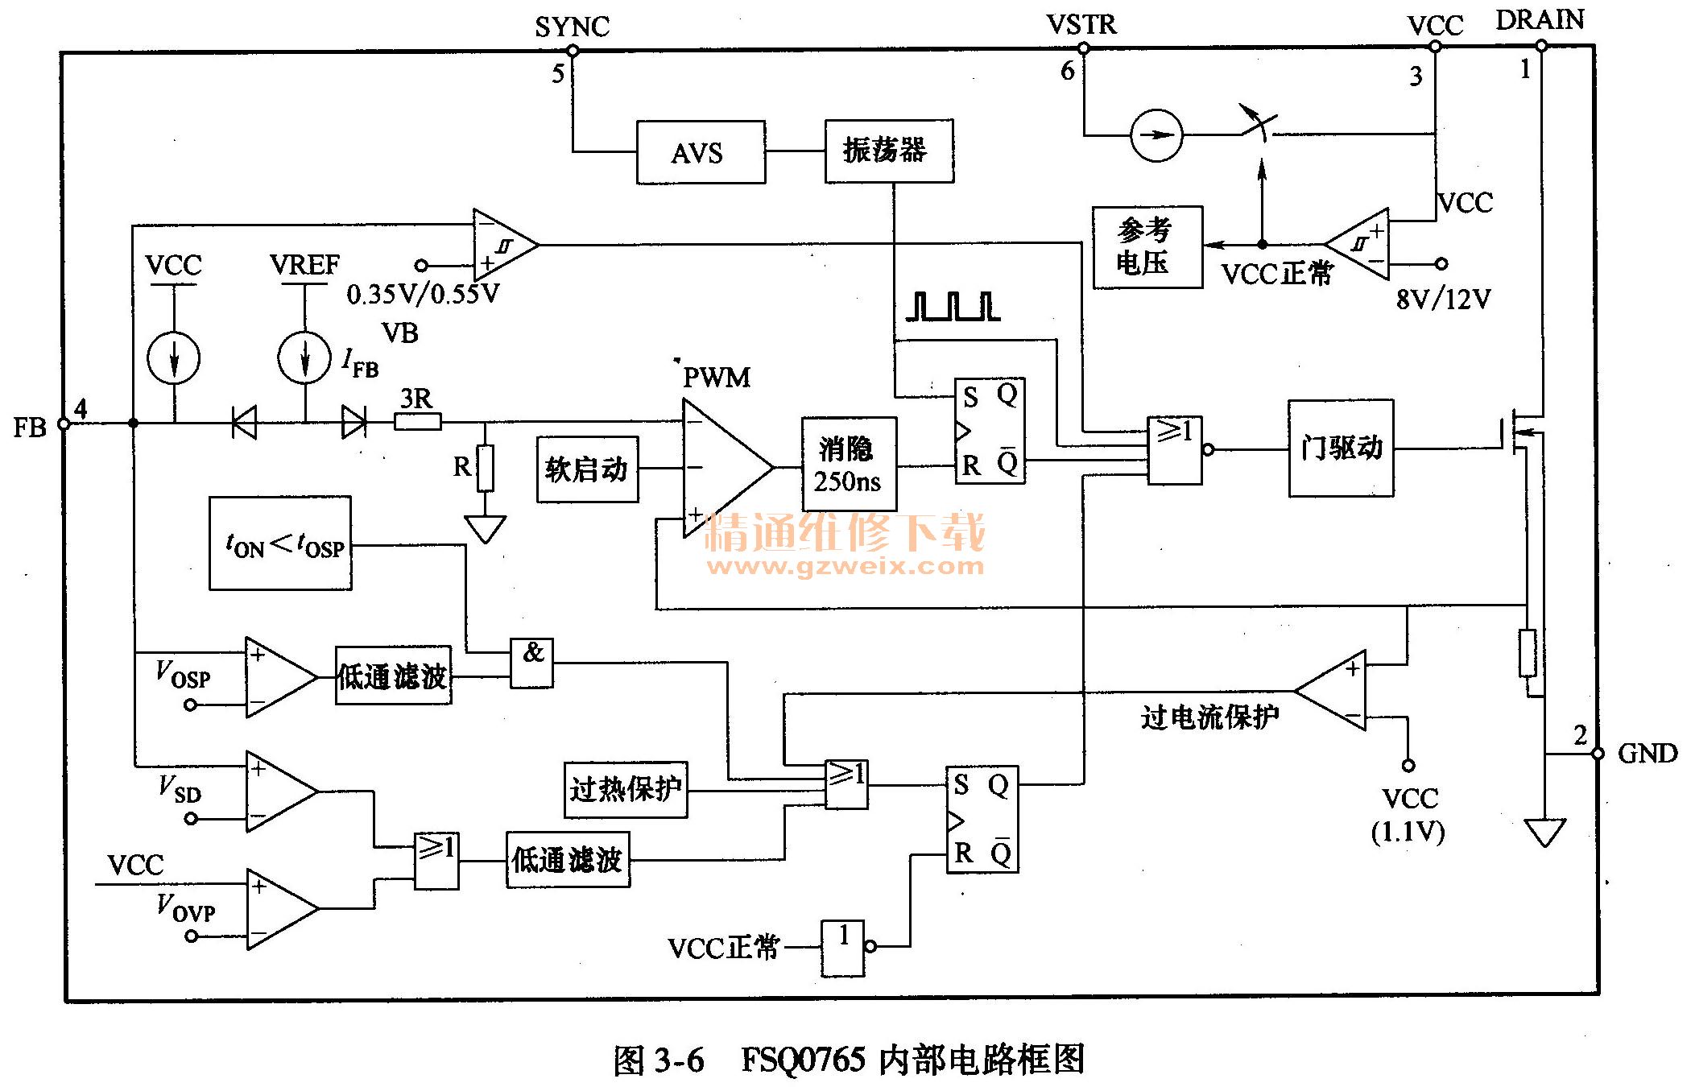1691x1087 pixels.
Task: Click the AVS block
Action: [x=700, y=152]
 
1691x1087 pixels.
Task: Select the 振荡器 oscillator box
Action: [x=888, y=151]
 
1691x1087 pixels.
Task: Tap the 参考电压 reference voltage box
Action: [x=1147, y=246]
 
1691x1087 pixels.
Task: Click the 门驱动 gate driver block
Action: [x=1340, y=448]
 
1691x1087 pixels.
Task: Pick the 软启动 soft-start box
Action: [x=587, y=469]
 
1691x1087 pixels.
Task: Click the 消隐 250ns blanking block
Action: [x=848, y=465]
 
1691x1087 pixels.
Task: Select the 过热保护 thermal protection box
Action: [x=626, y=789]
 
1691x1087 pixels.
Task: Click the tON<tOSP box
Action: [x=280, y=543]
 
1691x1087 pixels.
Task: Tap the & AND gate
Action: [x=531, y=663]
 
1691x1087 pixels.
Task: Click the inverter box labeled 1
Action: [x=842, y=948]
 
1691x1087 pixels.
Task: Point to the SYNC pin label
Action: [x=572, y=27]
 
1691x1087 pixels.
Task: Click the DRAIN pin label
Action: [x=1539, y=20]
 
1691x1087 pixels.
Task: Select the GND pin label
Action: [x=1647, y=754]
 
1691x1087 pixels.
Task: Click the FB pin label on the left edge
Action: [x=30, y=427]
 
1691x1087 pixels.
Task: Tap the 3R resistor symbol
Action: [x=417, y=421]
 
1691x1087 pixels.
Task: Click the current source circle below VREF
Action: [x=304, y=358]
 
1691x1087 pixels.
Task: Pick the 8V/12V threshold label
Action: [x=1443, y=300]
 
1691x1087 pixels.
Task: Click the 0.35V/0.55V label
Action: [x=423, y=294]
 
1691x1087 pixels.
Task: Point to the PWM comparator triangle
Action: [x=721, y=467]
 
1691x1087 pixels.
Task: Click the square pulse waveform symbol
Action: [x=953, y=307]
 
